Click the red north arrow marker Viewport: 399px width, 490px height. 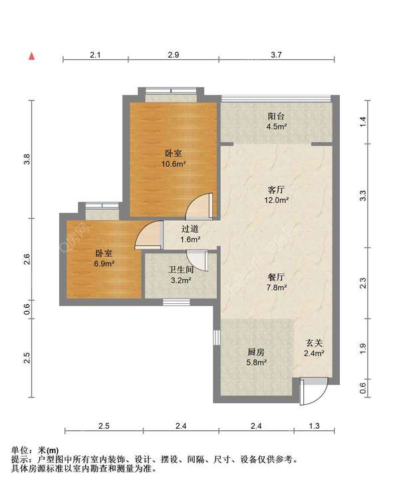point(31,57)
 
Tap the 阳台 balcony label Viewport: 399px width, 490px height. point(276,116)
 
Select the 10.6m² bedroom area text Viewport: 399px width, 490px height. point(174,164)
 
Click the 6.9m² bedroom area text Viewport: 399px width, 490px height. point(104,263)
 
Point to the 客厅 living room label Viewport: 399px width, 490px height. point(276,189)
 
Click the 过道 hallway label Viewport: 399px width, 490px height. point(190,229)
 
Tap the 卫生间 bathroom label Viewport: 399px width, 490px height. point(181,270)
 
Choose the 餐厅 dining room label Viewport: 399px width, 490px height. point(276,277)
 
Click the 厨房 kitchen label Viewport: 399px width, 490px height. point(256,352)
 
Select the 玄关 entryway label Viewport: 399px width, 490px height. point(314,343)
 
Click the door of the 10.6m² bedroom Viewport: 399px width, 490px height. point(200,206)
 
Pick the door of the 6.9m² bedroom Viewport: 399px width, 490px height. point(148,235)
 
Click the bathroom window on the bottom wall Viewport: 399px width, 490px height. point(176,303)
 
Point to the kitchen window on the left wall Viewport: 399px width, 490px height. point(217,338)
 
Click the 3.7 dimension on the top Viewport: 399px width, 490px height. point(276,55)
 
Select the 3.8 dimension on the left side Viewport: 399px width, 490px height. point(27,159)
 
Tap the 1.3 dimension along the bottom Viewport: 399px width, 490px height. point(314,426)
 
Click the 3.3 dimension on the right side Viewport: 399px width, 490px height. point(362,195)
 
